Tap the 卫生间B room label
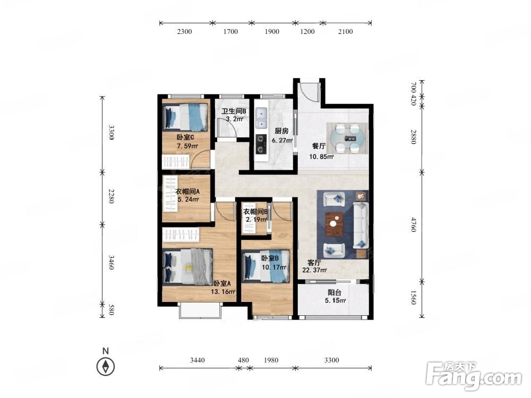click(234, 111)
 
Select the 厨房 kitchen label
click(281, 131)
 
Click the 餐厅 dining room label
click(319, 146)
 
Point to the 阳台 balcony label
click(334, 292)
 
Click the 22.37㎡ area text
click(314, 270)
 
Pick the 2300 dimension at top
click(185, 31)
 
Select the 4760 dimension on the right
click(413, 224)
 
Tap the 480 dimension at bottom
click(243, 360)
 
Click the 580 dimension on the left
click(111, 309)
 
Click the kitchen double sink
click(261, 119)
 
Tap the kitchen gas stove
click(261, 144)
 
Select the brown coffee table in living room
click(334, 224)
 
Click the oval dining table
click(347, 138)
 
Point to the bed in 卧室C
click(185, 117)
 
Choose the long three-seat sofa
click(361, 225)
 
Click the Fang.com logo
click(474, 376)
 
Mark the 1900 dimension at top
click(272, 31)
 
